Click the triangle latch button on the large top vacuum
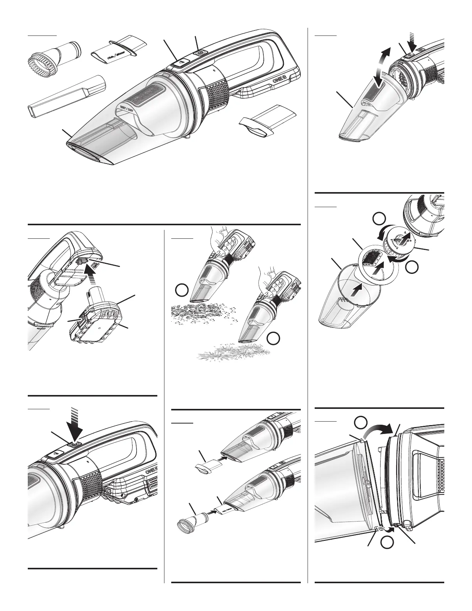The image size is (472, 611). point(178,62)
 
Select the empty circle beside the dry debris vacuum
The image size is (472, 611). point(182,291)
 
